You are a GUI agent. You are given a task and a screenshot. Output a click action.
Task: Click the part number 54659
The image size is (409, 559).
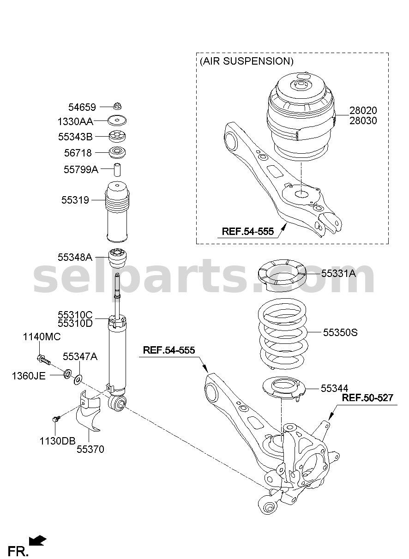tap(82, 107)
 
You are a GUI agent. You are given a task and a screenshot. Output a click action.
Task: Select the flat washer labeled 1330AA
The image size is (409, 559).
tap(117, 120)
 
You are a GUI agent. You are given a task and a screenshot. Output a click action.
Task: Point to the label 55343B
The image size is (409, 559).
tap(75, 137)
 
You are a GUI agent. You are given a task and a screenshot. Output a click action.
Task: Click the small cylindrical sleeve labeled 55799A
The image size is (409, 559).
tap(117, 169)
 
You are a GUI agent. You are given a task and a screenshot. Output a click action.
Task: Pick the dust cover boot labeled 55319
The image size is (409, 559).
tap(117, 211)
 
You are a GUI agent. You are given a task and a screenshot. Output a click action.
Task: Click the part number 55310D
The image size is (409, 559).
tap(75, 324)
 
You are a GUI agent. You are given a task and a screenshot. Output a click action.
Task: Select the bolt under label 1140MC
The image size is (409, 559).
tap(44, 359)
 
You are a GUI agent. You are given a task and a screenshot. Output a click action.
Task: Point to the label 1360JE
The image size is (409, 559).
tap(29, 376)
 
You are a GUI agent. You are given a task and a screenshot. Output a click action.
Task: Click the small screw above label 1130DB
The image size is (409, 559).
tap(56, 419)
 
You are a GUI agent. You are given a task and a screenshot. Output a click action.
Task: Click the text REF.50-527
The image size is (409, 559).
tap(367, 397)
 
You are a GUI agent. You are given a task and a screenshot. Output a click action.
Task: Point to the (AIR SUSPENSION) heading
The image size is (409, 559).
tap(247, 61)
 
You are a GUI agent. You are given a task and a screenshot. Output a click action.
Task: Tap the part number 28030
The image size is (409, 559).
tap(363, 121)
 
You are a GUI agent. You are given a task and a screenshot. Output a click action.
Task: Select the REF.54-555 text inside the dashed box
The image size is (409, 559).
tap(248, 232)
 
